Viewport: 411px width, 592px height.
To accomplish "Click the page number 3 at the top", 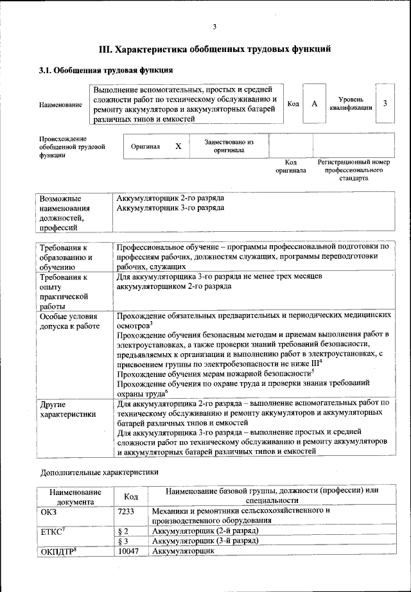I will (214, 26).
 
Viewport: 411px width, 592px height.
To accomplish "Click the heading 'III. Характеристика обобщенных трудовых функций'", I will (214, 49).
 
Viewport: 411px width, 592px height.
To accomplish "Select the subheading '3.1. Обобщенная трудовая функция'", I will (106, 69).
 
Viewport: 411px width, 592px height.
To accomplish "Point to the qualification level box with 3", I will (385, 103).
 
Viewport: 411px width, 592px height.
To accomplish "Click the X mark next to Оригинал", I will (179, 146).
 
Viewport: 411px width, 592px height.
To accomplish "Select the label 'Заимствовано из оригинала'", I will (229, 146).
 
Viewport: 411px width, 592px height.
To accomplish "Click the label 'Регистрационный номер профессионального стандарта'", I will (354, 170).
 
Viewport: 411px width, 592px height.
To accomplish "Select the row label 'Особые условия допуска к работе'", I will (69, 321).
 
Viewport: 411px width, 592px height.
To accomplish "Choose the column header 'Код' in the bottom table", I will (131, 496).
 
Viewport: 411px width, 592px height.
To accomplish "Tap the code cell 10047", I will (130, 552).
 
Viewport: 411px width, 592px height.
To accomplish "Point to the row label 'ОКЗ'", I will (49, 510).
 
